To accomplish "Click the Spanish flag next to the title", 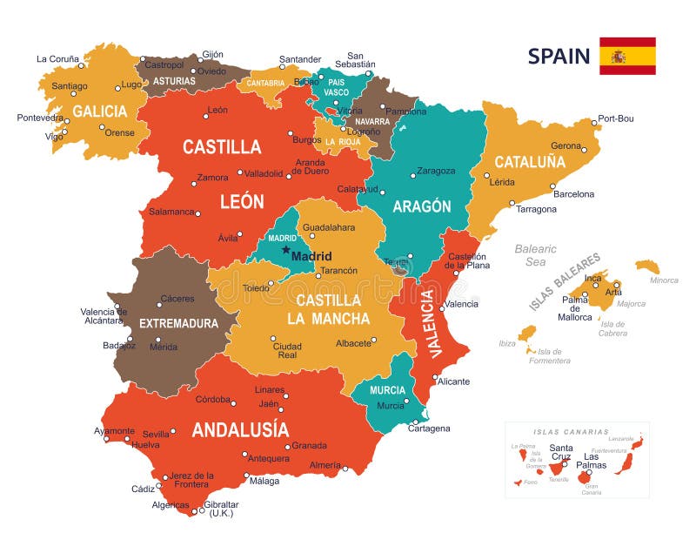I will coord(626,56).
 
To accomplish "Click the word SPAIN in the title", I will coord(559,57).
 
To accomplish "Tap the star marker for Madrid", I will coord(285,250).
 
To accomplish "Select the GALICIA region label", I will coord(99,111).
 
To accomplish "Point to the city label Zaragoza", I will coord(435,172).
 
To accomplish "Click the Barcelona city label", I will coord(573,194).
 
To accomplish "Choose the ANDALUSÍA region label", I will coord(240,429).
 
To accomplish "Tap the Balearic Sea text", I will coord(535,255).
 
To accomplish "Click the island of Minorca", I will coord(647,266).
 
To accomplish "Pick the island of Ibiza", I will coord(527,334).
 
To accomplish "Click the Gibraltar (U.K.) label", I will coord(222,509).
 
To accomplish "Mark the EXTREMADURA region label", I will coord(178,323).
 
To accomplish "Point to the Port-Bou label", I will coord(616,118).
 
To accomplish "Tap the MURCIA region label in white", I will coord(388,390).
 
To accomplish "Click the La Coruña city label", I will coord(57,59).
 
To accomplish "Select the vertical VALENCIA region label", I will coord(428,323).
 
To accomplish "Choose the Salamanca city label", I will coord(171,212).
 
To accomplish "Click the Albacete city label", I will coord(354,343).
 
